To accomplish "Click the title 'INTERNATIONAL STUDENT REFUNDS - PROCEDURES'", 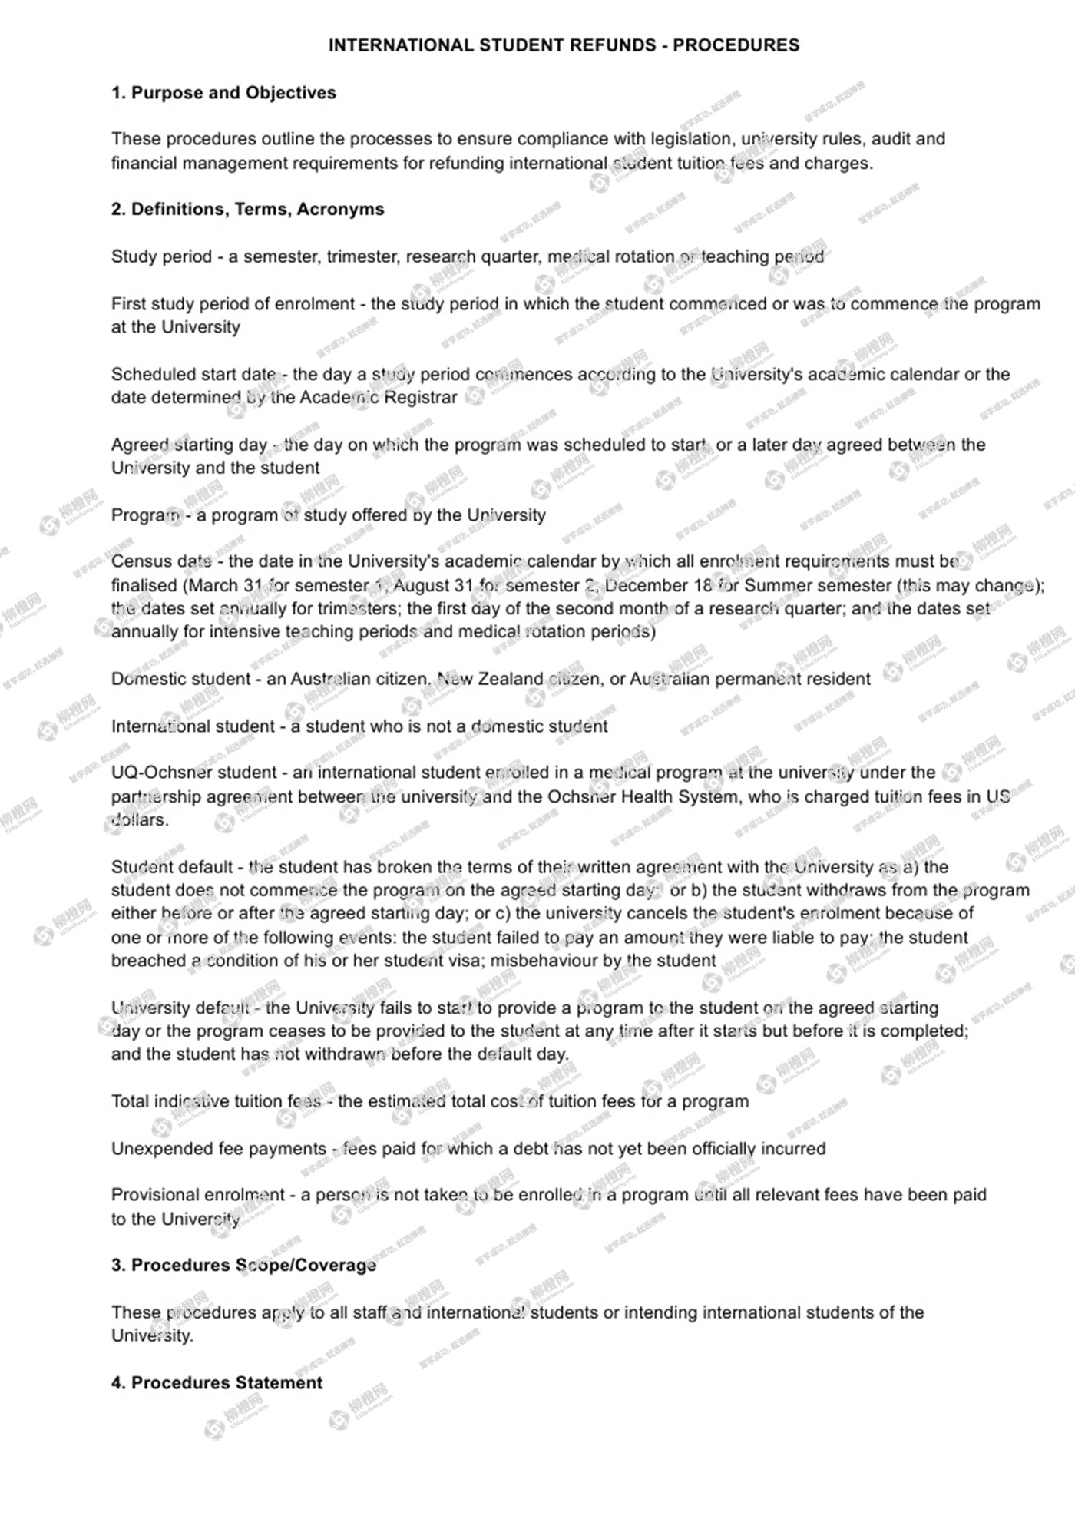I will coord(564,45).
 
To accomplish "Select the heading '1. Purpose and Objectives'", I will coord(223,93).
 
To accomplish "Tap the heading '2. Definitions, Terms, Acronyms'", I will coord(247,210).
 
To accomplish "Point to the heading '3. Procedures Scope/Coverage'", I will coord(243,1265).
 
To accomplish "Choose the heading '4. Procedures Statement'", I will coord(217,1382).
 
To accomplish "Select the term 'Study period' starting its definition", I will coord(161,256).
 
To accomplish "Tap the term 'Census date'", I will coord(161,561).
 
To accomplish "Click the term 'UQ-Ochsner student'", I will coord(193,773).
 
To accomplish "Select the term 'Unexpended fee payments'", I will coord(219,1149).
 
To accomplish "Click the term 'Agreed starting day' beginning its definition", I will coord(189,445).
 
